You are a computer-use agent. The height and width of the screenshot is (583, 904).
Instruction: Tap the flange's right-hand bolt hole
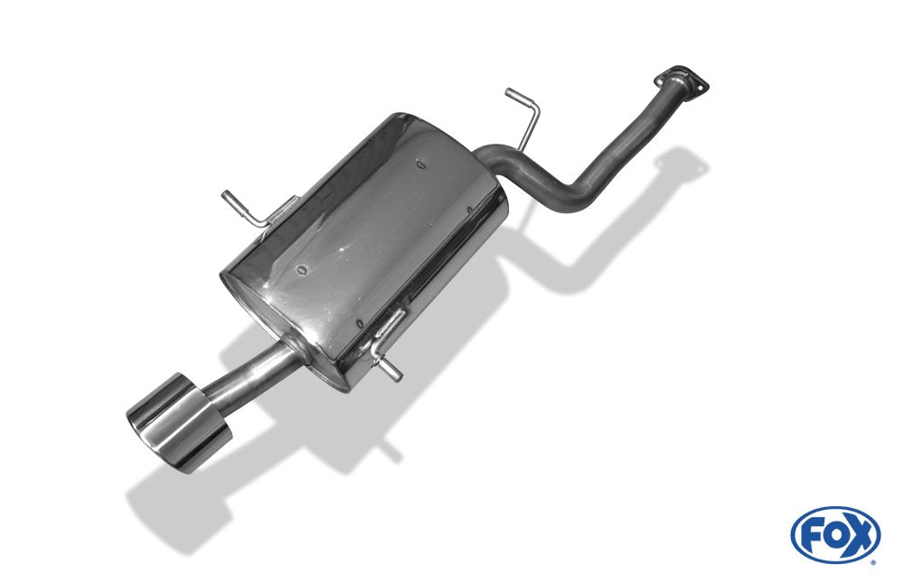702,87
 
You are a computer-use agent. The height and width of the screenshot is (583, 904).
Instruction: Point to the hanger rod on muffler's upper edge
244,206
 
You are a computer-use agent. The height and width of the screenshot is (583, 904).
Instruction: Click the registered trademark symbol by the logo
872,561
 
